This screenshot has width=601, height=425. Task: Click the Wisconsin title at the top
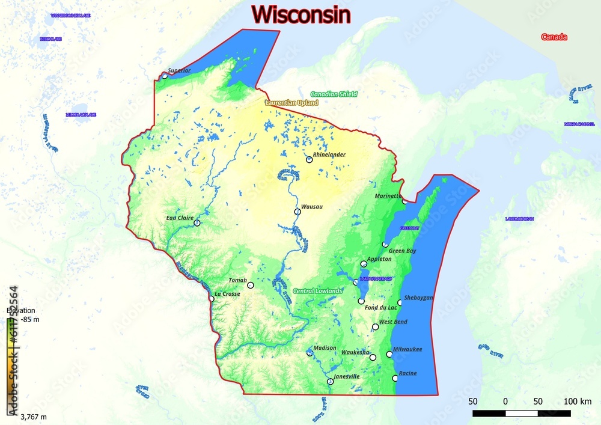point(300,14)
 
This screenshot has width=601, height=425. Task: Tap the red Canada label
point(554,37)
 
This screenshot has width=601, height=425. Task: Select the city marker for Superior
point(165,76)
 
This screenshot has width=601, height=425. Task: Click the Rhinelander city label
point(329,154)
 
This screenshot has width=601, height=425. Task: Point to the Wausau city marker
point(297,212)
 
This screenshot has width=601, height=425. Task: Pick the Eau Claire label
point(179,218)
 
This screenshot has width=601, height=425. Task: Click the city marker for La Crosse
point(212,299)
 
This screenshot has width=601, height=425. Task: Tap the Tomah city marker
point(251,285)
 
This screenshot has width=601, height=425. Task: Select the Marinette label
point(388,196)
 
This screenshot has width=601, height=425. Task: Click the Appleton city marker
point(364,264)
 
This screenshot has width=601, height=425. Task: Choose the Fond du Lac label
point(381,308)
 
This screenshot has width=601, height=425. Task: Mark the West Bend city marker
point(376,327)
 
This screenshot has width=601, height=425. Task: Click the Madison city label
point(325,348)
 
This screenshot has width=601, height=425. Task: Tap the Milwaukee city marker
point(389,354)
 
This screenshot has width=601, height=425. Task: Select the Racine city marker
point(395,378)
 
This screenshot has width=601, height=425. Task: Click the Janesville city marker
point(330,381)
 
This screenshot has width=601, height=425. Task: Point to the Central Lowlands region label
point(317,291)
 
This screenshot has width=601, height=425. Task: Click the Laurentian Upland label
point(291,103)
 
